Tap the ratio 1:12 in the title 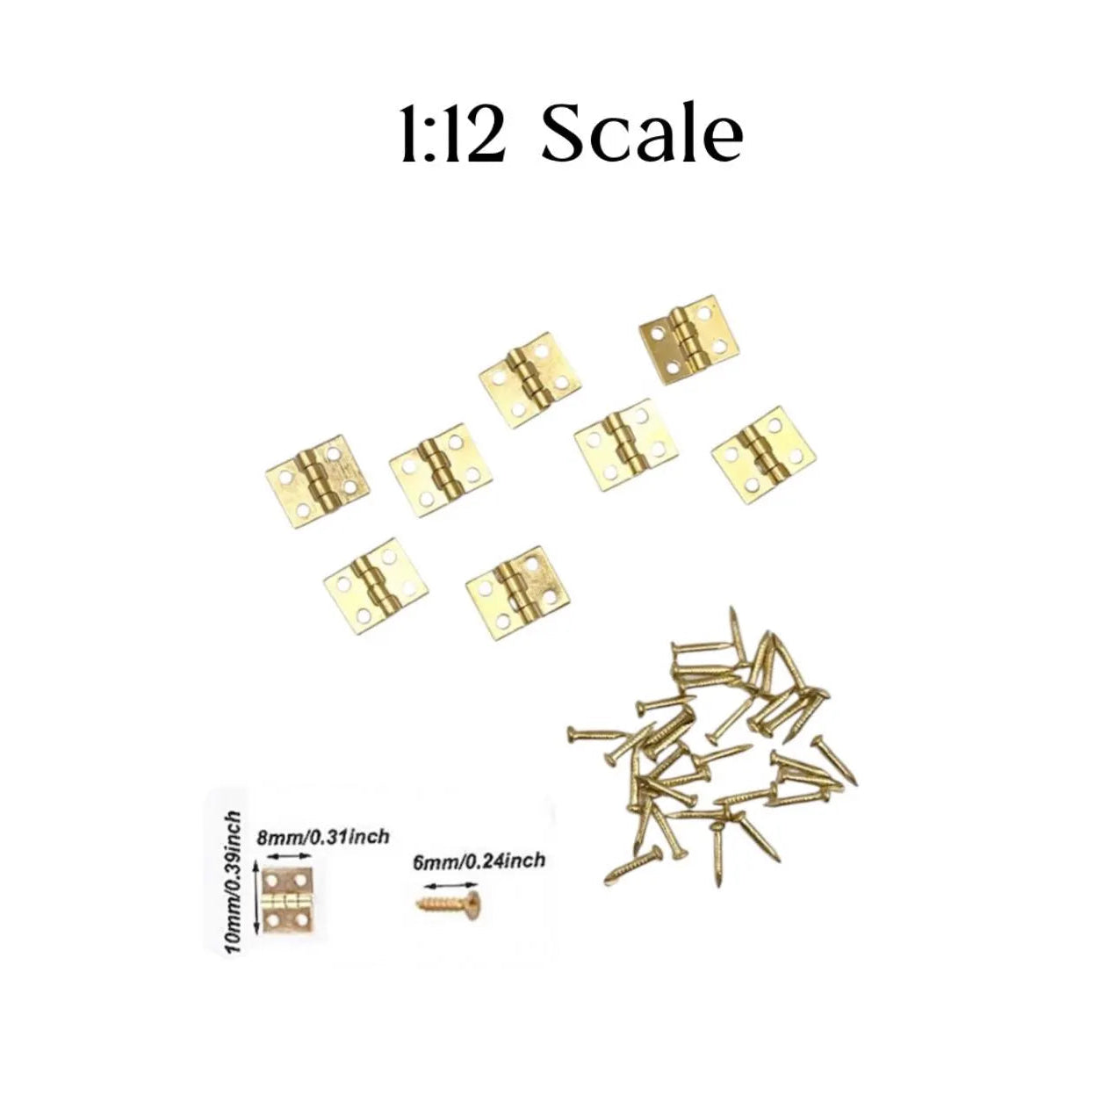pyautogui.click(x=452, y=136)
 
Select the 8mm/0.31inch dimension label pyautogui.click(x=322, y=837)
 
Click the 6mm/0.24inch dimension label pyautogui.click(x=479, y=860)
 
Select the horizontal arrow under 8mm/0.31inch pyautogui.click(x=289, y=856)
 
